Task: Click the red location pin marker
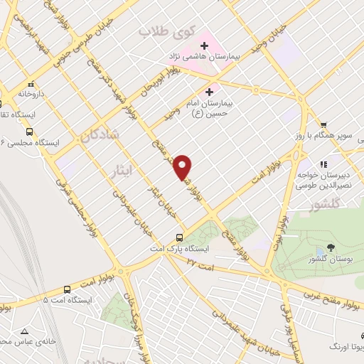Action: coord(183,166)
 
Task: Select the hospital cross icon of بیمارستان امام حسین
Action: coord(208,92)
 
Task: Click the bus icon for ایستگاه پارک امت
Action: coord(179,238)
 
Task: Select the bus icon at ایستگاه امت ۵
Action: coord(67,289)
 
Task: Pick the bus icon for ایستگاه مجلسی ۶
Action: coord(29,132)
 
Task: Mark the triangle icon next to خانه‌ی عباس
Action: coord(25,331)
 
